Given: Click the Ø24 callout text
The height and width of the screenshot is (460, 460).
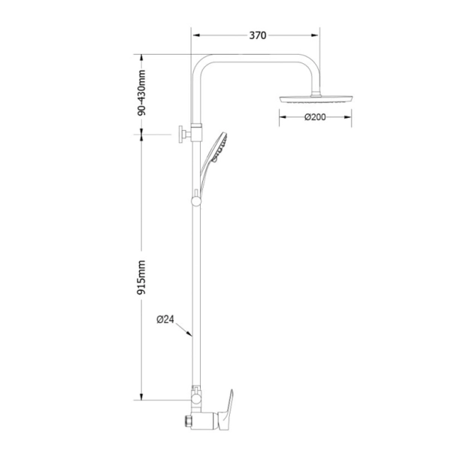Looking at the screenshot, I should point(165,319).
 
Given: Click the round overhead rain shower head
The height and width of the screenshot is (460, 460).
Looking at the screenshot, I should point(316,99).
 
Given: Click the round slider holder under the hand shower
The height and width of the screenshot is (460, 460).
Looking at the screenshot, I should point(196,199).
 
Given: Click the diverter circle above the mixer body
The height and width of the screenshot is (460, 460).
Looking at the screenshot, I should point(197,392).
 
